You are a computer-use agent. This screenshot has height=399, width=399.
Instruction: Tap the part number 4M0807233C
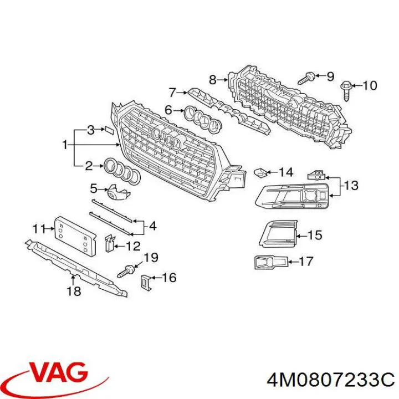point(330,381)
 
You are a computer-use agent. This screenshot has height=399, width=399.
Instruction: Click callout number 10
point(370,86)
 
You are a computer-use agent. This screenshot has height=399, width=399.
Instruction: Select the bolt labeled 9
point(306,78)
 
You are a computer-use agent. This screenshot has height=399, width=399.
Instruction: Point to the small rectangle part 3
point(109,130)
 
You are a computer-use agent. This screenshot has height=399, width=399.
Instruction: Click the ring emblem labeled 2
point(122,171)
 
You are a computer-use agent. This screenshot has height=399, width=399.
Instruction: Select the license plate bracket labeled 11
point(75,235)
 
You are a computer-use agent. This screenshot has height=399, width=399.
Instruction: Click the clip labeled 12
point(110,243)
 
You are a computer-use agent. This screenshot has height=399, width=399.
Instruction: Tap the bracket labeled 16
point(146,282)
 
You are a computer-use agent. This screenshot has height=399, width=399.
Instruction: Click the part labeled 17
point(271,262)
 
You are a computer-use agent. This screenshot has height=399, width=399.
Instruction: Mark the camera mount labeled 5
point(119,192)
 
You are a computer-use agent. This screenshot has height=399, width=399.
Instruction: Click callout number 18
point(74,291)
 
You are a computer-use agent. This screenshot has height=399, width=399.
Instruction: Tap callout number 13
point(351,185)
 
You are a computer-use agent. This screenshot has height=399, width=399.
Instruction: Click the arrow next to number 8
point(223,80)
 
